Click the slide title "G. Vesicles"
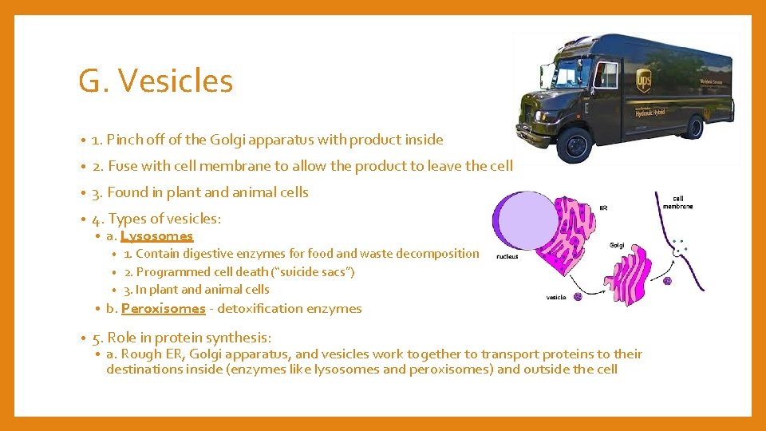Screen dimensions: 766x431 [x=156, y=81]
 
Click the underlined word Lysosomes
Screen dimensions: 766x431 [x=157, y=236]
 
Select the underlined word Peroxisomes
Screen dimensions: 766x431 [x=163, y=309]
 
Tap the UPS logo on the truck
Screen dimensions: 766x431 [x=643, y=80]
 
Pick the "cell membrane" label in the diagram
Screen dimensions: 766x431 [x=677, y=202]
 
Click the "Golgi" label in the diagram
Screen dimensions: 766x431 [x=617, y=245]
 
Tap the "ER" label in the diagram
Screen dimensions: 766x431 [x=603, y=208]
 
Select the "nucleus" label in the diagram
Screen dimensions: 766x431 [x=507, y=256]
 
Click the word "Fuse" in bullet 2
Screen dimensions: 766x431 [x=122, y=166]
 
